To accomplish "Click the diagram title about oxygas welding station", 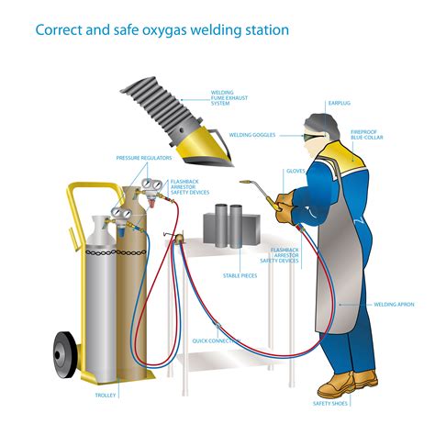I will (x=162, y=29).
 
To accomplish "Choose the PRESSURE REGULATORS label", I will (x=140, y=158).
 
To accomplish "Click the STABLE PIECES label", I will (x=240, y=275).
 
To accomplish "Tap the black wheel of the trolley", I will (x=64, y=351).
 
